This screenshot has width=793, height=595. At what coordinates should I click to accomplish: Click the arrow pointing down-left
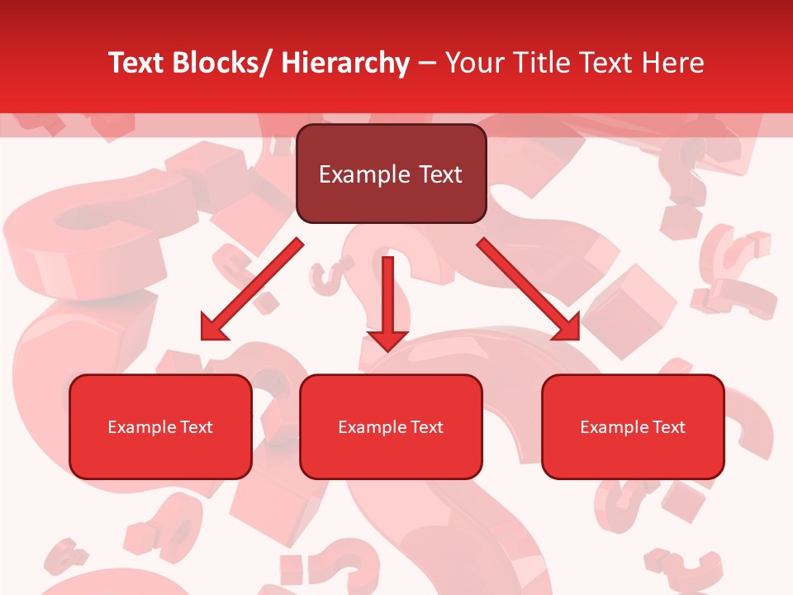pyautogui.click(x=252, y=289)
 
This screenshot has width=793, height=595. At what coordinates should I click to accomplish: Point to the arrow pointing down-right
pyautogui.click(x=529, y=289)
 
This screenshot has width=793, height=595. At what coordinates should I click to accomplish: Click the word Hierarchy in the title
pyautogui.click(x=345, y=63)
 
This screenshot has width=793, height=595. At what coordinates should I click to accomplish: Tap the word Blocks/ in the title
pyautogui.click(x=220, y=63)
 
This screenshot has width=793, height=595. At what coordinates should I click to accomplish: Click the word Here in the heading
pyautogui.click(x=673, y=63)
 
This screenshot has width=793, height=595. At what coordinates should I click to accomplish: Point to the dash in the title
pyautogui.click(x=427, y=63)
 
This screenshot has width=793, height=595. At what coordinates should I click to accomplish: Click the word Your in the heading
pyautogui.click(x=473, y=63)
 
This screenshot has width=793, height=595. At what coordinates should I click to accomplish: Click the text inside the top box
pyautogui.click(x=391, y=174)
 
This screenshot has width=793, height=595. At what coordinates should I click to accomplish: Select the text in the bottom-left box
pyautogui.click(x=160, y=427)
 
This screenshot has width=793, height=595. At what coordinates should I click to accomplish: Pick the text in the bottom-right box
pyautogui.click(x=633, y=427)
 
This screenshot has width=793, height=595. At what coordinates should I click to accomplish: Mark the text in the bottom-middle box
pyautogui.click(x=391, y=427)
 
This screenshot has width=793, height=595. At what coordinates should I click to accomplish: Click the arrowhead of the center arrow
pyautogui.click(x=387, y=340)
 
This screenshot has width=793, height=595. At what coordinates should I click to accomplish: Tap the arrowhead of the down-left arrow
pyautogui.click(x=212, y=328)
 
